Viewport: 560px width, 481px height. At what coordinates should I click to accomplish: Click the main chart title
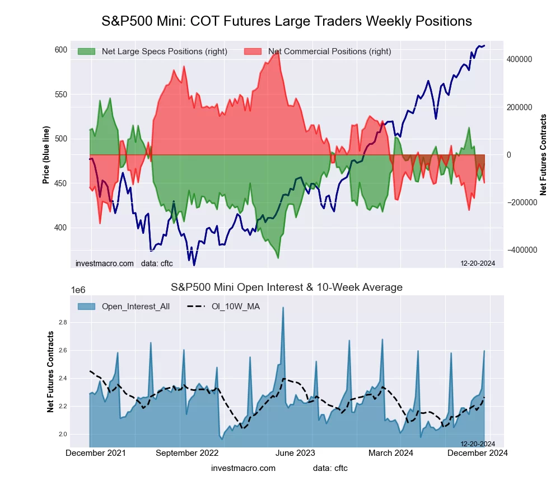287,21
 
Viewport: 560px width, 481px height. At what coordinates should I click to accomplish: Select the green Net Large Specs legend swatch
86,51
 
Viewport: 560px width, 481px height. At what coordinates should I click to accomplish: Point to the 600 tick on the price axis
60,50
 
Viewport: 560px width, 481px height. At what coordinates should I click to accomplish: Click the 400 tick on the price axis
60,228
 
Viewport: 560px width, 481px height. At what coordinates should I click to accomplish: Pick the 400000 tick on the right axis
519,59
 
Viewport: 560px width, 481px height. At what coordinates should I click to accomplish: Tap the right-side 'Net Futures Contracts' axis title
543,155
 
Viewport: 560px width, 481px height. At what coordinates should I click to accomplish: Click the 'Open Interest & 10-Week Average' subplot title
287,287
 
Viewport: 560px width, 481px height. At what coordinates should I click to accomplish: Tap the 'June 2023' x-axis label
293,452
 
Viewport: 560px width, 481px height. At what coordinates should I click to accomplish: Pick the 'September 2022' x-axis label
186,452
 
